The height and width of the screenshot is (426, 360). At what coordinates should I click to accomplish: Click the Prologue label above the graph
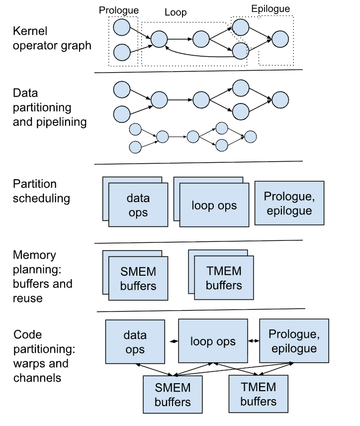point(119,10)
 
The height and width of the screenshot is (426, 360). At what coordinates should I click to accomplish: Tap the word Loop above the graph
point(176,12)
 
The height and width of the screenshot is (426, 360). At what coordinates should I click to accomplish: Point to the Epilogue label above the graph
point(270,9)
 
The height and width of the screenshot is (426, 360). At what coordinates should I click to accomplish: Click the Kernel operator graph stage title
point(52,38)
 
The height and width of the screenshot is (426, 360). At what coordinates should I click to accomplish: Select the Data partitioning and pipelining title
point(42,107)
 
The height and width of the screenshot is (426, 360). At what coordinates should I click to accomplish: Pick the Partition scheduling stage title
point(41,191)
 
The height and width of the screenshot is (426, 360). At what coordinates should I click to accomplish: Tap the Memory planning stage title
point(42,276)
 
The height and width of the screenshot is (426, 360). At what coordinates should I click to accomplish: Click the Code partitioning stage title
point(41,356)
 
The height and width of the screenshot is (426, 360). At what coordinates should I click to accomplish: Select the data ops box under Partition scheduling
point(137,205)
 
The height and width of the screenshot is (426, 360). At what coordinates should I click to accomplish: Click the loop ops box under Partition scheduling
point(214,205)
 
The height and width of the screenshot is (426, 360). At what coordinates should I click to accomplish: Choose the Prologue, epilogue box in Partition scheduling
point(289,203)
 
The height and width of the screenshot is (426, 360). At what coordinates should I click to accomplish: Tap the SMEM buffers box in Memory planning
point(138,278)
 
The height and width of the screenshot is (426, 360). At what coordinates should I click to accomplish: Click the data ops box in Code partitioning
point(135,342)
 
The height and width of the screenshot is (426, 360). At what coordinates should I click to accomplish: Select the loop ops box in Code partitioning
point(213,341)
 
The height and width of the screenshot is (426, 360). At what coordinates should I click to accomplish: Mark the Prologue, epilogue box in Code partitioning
point(293,340)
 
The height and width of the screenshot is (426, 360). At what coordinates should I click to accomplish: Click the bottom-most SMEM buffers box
point(172,395)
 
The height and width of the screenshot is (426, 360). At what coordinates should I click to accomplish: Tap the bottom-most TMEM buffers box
point(258,394)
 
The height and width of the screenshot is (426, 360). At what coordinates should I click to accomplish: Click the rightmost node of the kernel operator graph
point(280,39)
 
